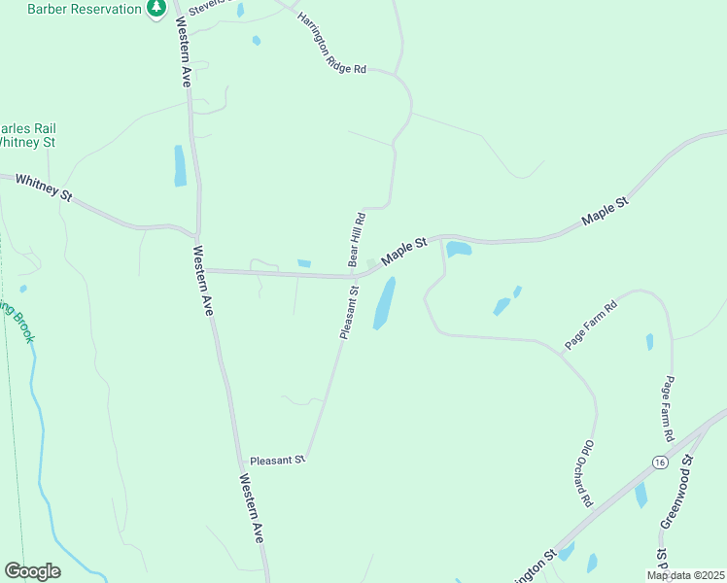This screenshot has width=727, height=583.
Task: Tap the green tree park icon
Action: [156, 9]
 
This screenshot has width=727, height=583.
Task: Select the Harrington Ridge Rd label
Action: [331, 45]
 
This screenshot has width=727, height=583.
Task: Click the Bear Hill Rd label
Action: [357, 240]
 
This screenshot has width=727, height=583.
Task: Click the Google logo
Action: [32, 571]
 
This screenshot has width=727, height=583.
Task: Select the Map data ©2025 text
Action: [686, 575]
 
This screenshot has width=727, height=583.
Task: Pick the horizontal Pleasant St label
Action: [278, 460]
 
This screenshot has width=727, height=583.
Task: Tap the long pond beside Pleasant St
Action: [385, 303]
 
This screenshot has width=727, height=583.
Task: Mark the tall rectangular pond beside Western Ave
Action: [180, 165]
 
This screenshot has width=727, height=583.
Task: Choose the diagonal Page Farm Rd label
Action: [591, 326]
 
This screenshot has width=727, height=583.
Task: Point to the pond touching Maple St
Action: [459, 249]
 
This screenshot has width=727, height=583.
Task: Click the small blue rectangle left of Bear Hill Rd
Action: [304, 263]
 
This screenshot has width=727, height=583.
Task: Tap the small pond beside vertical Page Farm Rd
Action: [649, 342]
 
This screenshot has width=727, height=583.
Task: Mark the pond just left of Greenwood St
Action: [640, 495]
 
